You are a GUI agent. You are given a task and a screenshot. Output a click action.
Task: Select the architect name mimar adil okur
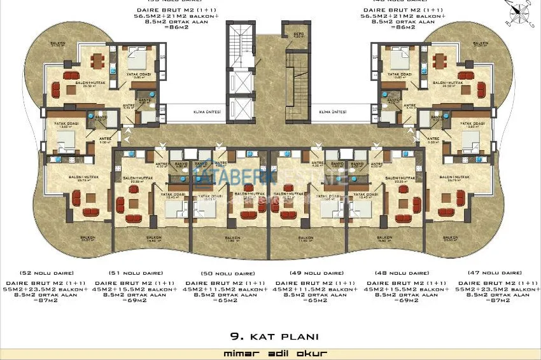click(x=270, y=352)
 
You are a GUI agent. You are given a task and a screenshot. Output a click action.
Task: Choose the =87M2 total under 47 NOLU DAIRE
click(x=497, y=300)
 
